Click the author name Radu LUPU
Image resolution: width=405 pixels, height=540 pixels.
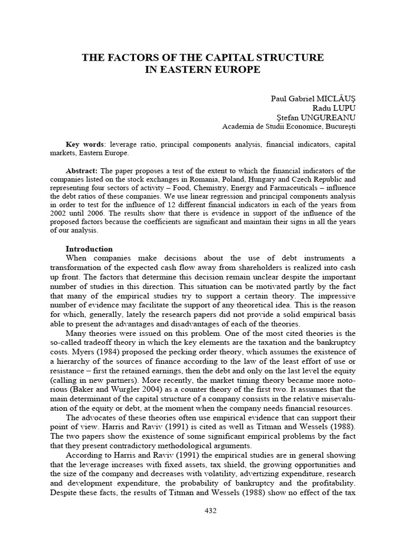(336, 108)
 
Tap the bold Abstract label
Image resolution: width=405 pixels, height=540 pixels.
(82, 171)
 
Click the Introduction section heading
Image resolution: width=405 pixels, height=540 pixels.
(89, 248)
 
